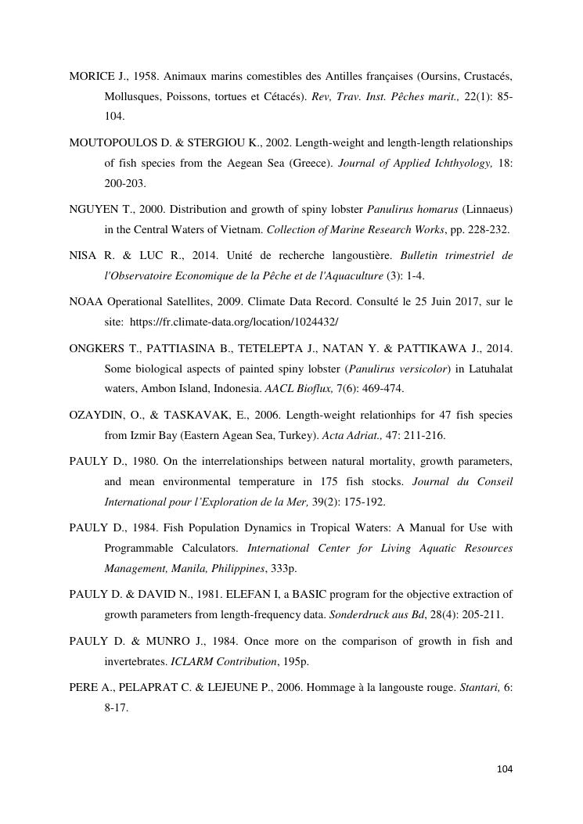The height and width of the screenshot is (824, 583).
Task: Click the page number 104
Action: click(505, 769)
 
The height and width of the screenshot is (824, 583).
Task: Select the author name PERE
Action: click(84, 688)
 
